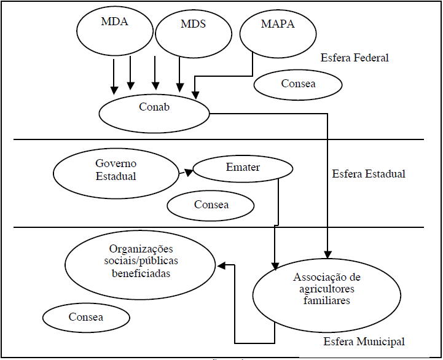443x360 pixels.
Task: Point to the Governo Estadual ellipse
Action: coord(115,170)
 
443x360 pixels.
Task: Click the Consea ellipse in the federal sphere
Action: coord(297,84)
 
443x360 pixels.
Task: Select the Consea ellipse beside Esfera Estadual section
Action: coord(210,205)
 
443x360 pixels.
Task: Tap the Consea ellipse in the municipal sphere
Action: coord(86,318)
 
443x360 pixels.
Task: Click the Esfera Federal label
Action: coord(355,58)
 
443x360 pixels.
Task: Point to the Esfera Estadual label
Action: coord(368,174)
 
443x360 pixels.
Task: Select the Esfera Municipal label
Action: coord(364,342)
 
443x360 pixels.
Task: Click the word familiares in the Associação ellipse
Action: coord(326,301)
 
